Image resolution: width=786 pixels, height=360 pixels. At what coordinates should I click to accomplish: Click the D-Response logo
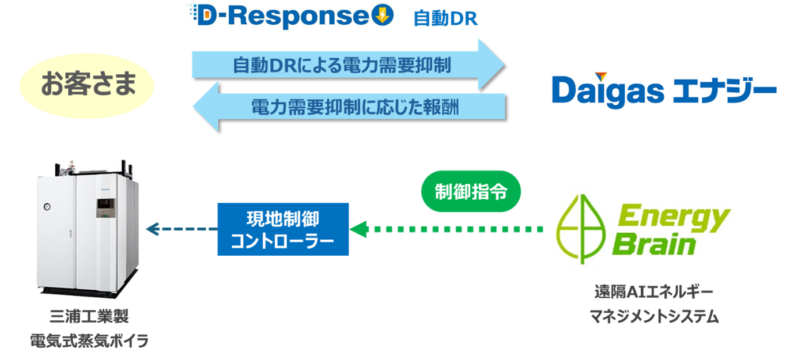pos(291,17)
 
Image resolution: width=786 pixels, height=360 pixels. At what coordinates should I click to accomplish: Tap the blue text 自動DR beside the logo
pos(445,19)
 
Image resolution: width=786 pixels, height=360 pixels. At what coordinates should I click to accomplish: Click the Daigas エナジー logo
pos(663,90)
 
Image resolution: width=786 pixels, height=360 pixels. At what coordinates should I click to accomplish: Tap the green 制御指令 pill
pos(471,191)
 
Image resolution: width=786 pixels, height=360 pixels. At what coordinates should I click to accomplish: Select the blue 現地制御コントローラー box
pos(282,229)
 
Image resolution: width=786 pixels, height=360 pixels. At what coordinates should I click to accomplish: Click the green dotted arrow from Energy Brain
pos(449,229)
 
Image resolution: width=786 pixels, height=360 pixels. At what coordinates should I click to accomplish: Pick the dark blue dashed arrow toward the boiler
pos(181,229)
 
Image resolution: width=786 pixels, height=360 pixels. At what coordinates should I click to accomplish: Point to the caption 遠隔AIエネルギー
pos(653,292)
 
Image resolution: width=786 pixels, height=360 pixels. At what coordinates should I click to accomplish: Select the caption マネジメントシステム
pos(653,316)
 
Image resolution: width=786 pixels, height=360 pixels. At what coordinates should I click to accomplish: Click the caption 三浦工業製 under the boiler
pos(89,317)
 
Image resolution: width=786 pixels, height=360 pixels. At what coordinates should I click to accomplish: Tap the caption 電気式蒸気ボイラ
pos(89,341)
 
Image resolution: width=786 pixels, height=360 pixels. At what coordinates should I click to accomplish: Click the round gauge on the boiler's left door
pos(46,206)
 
